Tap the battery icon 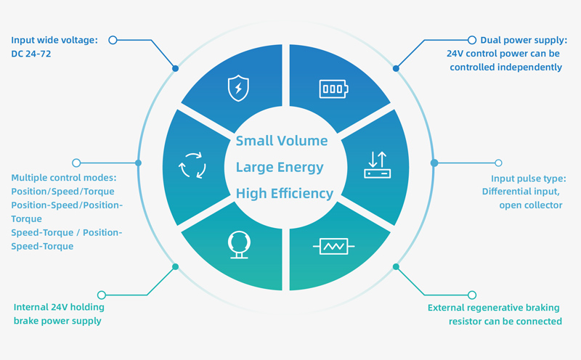tap(333, 89)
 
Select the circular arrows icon tap(192, 165)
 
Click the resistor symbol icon tap(333, 247)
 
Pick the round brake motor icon tap(237, 245)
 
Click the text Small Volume tap(282, 141)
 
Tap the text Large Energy tap(280, 168)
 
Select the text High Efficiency tap(285, 194)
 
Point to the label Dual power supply tap(524, 40)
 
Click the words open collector tap(530, 205)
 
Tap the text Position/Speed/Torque tap(62, 191)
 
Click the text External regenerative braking tap(494, 307)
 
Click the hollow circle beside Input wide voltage tap(113, 41)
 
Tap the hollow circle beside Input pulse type tap(498, 163)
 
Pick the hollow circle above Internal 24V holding tap(102, 295)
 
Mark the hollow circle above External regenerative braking tap(472, 295)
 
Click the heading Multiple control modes tap(64, 177)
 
